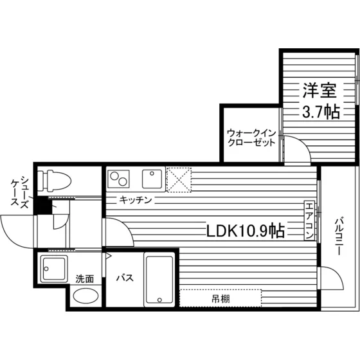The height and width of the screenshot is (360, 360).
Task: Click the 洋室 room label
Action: (x=319, y=90)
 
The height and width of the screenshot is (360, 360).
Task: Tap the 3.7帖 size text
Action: (x=321, y=112)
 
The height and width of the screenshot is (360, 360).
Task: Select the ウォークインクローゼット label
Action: (x=251, y=138)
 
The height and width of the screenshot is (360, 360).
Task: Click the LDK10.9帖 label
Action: (x=246, y=231)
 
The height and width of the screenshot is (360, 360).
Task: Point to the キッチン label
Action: (x=136, y=200)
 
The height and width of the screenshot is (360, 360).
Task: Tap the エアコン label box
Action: (x=309, y=221)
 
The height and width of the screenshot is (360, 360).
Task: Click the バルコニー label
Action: (x=339, y=235)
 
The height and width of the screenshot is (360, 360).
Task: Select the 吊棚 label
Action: (x=221, y=299)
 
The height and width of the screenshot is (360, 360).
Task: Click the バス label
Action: (x=125, y=278)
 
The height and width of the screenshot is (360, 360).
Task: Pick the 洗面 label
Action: (x=85, y=279)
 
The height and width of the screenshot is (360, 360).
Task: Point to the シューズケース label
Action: (x=20, y=192)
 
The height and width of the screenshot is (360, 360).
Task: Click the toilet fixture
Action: (x=55, y=181)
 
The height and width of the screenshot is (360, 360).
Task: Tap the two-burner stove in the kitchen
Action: (x=118, y=179)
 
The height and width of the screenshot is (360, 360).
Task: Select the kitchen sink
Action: (x=152, y=179)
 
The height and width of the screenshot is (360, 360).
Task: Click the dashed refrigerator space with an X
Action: (x=179, y=180)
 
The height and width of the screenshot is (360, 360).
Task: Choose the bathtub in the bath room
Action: (x=159, y=280)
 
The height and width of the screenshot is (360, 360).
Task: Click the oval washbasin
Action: (x=86, y=296)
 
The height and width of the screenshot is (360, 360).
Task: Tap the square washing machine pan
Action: (x=54, y=269)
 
